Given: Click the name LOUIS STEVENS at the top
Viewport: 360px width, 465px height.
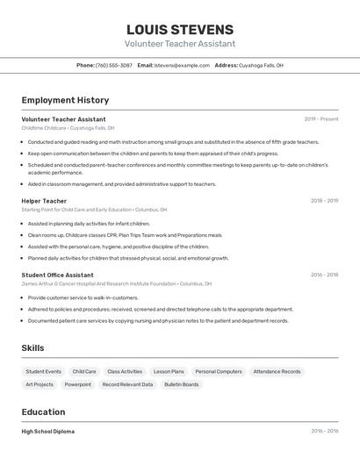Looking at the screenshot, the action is pyautogui.click(x=180, y=29).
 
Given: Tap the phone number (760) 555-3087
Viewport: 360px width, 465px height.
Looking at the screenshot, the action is pyautogui.click(x=114, y=65).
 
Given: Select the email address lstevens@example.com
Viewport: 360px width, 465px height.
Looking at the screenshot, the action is pyautogui.click(x=182, y=65).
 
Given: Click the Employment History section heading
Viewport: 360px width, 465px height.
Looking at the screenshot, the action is pyautogui.click(x=65, y=100).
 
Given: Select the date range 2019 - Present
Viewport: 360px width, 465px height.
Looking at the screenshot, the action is pyautogui.click(x=320, y=119).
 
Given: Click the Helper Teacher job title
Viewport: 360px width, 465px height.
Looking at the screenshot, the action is pyautogui.click(x=44, y=201).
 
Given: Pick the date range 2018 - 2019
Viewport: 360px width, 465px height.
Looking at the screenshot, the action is pyautogui.click(x=324, y=201).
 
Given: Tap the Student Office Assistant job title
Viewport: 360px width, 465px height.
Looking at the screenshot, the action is pyautogui.click(x=57, y=275).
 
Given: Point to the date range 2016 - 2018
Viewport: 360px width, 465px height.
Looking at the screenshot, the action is pyautogui.click(x=324, y=275).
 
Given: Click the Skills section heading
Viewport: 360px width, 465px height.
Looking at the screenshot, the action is pyautogui.click(x=32, y=348).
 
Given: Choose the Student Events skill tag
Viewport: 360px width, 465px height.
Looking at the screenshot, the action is pyautogui.click(x=43, y=372).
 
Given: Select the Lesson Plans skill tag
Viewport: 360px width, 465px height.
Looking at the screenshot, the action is pyautogui.click(x=169, y=372).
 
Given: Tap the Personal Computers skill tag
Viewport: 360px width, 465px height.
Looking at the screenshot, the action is pyautogui.click(x=219, y=372).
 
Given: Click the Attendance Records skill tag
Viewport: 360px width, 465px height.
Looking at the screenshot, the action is pyautogui.click(x=277, y=372).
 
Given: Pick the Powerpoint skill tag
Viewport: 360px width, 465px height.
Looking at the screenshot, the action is pyautogui.click(x=77, y=384).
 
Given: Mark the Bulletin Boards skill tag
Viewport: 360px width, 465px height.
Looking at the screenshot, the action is pyautogui.click(x=181, y=384).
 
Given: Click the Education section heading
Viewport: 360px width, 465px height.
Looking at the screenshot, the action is pyautogui.click(x=43, y=412).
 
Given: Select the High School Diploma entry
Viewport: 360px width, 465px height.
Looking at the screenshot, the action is pyautogui.click(x=48, y=432).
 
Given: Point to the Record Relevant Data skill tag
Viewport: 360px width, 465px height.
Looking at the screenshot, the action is pyautogui.click(x=127, y=384).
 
